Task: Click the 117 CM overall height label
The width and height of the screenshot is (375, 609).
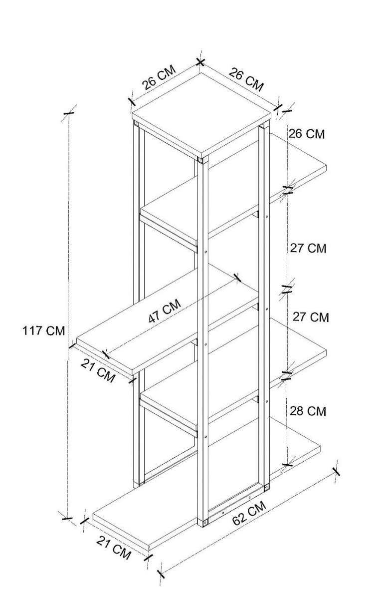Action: (44, 330)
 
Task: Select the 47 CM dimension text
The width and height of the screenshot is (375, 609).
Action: (165, 311)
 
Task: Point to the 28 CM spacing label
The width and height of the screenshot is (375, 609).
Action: (308, 411)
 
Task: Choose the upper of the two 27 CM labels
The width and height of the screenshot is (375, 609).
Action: (308, 248)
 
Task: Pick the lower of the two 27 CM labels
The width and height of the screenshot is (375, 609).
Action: (310, 317)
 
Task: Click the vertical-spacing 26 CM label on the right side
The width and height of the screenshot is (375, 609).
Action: (306, 134)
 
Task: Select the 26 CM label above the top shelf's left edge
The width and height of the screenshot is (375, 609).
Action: (159, 77)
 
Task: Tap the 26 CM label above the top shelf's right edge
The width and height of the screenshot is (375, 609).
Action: (246, 79)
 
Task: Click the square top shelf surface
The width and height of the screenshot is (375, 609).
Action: (201, 115)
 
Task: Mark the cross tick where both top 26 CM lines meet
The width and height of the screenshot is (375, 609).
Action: (200, 62)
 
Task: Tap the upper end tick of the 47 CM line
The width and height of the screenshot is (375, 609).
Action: (237, 278)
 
